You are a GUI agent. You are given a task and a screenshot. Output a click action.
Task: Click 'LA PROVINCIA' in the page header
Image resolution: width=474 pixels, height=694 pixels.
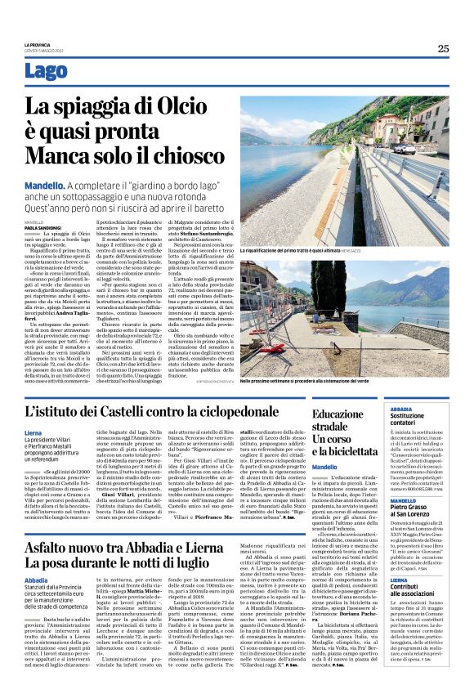36,44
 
